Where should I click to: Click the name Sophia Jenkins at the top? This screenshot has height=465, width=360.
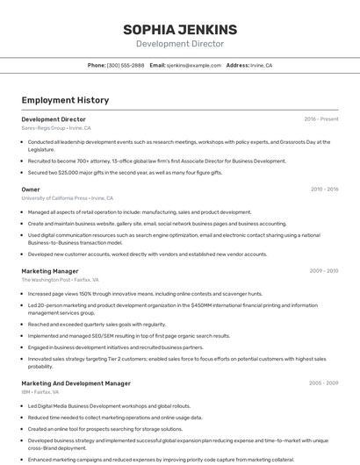(x=180, y=30)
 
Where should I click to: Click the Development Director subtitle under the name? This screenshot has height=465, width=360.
(x=180, y=44)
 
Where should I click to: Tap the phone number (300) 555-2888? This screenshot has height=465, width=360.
(x=126, y=65)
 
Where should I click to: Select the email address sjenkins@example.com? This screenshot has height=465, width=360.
(x=194, y=65)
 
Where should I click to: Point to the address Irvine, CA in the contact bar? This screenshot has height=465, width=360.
(x=261, y=65)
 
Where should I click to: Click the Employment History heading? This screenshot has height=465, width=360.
(x=65, y=100)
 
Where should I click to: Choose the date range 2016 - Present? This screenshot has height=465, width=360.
(x=320, y=118)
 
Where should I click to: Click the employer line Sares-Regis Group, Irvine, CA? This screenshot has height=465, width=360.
(x=56, y=127)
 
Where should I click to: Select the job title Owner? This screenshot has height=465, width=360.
(x=31, y=190)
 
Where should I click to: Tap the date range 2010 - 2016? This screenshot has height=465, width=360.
(x=324, y=189)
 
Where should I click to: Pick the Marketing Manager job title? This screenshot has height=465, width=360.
(x=50, y=271)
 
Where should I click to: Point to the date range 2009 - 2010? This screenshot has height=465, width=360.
(x=323, y=270)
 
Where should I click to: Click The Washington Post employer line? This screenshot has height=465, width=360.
(x=60, y=280)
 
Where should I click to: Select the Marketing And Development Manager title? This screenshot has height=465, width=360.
(x=76, y=383)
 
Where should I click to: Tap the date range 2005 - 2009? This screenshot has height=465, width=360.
(x=323, y=383)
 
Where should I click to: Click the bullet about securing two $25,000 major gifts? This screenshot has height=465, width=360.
(x=125, y=173)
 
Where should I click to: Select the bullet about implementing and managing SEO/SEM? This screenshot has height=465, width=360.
(x=128, y=335)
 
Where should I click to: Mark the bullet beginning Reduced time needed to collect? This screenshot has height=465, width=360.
(x=114, y=418)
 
